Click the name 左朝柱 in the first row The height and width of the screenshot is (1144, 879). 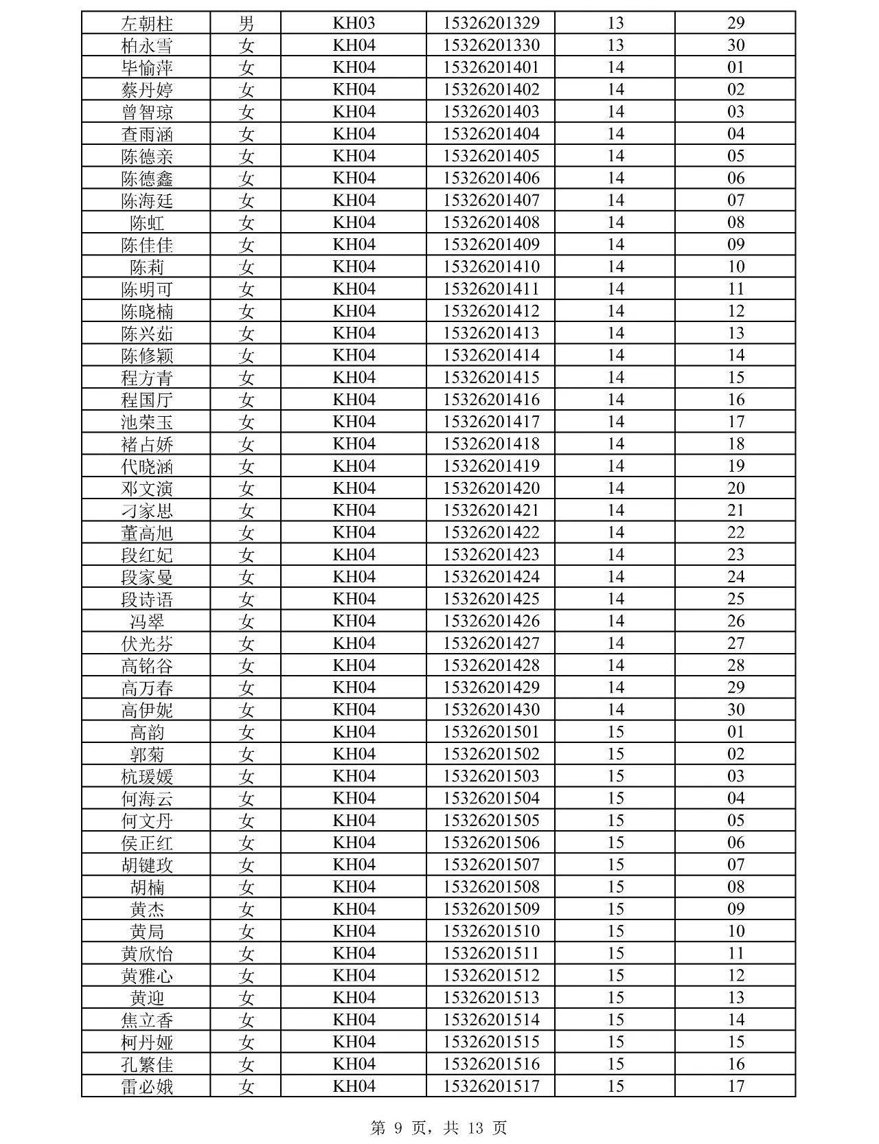(x=146, y=23)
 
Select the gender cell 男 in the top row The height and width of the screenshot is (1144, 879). (x=246, y=23)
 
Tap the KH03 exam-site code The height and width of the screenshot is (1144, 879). (x=354, y=23)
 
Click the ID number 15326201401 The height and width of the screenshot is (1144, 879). (x=491, y=67)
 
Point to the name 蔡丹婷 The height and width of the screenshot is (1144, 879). (x=146, y=90)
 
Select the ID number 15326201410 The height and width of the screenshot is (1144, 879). (x=491, y=266)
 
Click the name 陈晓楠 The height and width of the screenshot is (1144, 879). (x=146, y=311)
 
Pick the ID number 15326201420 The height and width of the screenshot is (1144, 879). (x=491, y=488)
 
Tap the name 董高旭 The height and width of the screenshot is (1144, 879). (x=146, y=533)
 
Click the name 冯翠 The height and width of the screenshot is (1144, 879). (x=146, y=621)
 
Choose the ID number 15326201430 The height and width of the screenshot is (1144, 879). (x=491, y=709)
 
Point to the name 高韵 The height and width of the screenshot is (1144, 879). (x=146, y=732)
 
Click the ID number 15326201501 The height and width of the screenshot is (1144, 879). (x=491, y=731)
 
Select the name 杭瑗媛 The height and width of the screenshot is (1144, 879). (x=146, y=777)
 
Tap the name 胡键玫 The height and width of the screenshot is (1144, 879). (x=146, y=865)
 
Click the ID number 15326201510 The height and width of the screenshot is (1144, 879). (x=491, y=931)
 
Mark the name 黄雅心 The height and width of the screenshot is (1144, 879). (x=146, y=976)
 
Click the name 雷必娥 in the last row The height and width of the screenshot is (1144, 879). (x=146, y=1086)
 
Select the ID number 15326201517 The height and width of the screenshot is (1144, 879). (x=491, y=1086)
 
